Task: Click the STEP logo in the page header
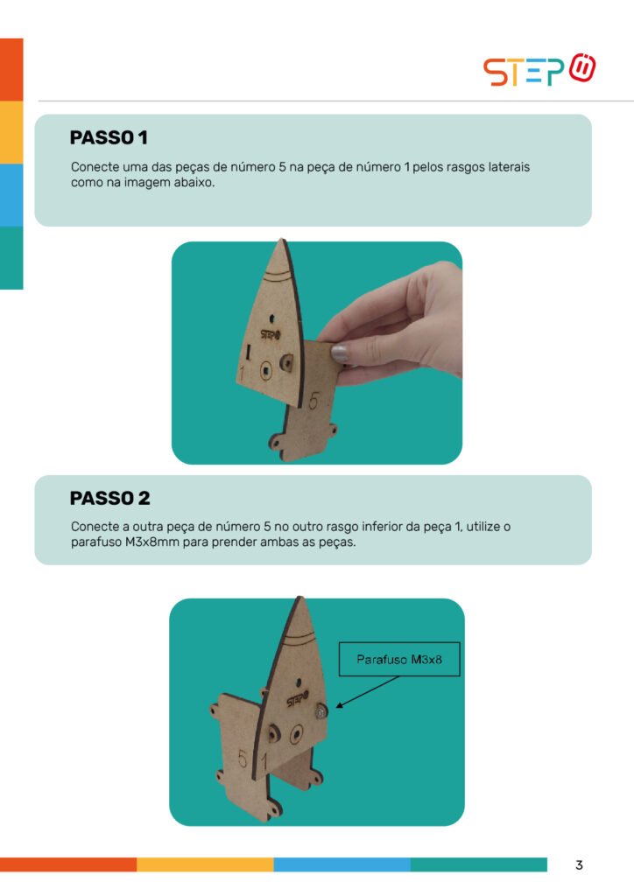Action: coord(539,70)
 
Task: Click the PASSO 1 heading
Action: coord(109,137)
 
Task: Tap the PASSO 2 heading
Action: coord(109,498)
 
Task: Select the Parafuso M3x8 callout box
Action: coord(399,660)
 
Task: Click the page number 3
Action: coord(579,865)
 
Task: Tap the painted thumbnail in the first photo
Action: coord(340,353)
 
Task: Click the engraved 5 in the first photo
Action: coord(313,401)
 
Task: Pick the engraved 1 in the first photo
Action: coord(242,374)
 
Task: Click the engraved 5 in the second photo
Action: coord(243,759)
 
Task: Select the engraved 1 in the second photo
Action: coord(264,762)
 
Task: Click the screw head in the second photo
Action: coord(321,711)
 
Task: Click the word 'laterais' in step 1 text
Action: coord(509,167)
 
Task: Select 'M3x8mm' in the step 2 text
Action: coord(151,542)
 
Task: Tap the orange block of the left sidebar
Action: coord(11,70)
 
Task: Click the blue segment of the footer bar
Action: coord(342,864)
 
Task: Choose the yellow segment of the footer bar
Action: coord(205,864)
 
